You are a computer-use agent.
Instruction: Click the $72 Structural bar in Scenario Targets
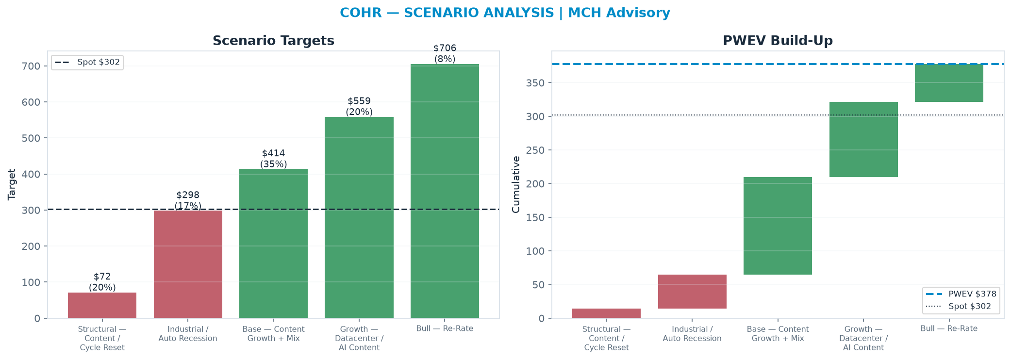(102, 305)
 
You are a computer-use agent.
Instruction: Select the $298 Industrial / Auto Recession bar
(188, 264)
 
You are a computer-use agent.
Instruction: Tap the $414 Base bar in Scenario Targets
(273, 244)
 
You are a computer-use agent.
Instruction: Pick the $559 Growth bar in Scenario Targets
(359, 217)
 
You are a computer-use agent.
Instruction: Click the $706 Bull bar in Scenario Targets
(445, 191)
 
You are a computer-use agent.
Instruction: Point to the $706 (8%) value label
(445, 53)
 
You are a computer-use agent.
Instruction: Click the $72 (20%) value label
(102, 282)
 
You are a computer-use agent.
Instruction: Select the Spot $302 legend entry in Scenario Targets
(87, 62)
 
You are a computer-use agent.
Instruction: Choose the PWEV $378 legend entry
(961, 294)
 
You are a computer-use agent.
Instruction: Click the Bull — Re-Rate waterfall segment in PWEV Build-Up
(949, 83)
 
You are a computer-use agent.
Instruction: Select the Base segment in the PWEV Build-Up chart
(778, 226)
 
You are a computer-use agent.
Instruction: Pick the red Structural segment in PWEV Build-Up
(606, 313)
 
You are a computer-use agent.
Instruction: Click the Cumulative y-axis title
(516, 184)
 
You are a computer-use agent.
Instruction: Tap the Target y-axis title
(12, 184)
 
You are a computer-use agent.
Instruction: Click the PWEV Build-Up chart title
(778, 41)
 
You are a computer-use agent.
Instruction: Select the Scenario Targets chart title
(273, 41)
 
